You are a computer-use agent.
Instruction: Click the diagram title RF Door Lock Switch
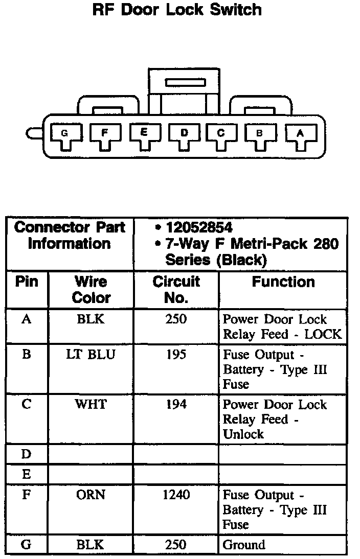click(176, 10)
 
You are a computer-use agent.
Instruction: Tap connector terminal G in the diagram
click(64, 134)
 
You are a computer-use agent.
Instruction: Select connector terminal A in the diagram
click(301, 134)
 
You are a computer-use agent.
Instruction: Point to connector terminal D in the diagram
click(184, 134)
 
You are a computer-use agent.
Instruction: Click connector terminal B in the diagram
click(260, 134)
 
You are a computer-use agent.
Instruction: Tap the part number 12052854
click(199, 228)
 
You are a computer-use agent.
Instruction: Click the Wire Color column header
click(91, 289)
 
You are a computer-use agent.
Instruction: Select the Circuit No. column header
click(176, 289)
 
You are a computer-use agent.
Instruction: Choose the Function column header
click(283, 282)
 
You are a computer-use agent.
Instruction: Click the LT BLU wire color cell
click(91, 355)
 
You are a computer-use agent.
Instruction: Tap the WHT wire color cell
click(91, 404)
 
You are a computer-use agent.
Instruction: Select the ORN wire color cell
click(91, 495)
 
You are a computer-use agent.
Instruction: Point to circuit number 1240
click(176, 495)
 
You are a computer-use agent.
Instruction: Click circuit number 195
click(176, 355)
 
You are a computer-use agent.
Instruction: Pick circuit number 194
click(176, 404)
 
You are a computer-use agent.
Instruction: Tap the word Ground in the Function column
click(244, 545)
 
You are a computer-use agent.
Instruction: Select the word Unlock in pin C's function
click(243, 434)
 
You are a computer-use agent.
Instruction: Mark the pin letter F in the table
click(27, 495)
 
